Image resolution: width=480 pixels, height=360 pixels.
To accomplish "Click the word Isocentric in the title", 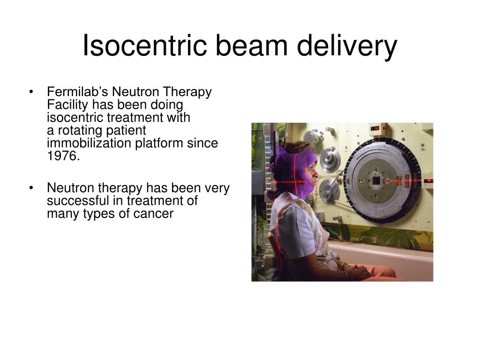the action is (145, 45).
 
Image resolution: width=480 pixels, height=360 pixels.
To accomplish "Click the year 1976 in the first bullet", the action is (63, 156).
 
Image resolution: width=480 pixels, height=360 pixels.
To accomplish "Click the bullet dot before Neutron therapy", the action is (31, 188).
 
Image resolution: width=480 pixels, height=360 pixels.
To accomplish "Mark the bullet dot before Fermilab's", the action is (31, 92).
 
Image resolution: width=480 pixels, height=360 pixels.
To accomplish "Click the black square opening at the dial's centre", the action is (376, 180).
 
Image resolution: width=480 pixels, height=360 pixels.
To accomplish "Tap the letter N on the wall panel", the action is (423, 145).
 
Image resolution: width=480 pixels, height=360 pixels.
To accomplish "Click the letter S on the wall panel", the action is (346, 148).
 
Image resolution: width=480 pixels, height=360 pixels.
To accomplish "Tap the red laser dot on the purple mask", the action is (300, 182).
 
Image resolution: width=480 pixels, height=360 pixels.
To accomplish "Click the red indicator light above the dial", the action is (374, 128).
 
